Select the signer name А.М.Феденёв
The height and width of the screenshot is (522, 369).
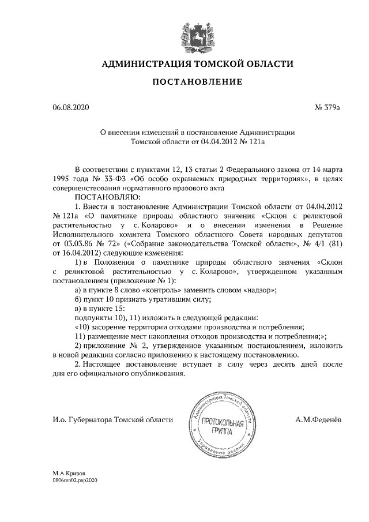[x=318, y=419]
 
